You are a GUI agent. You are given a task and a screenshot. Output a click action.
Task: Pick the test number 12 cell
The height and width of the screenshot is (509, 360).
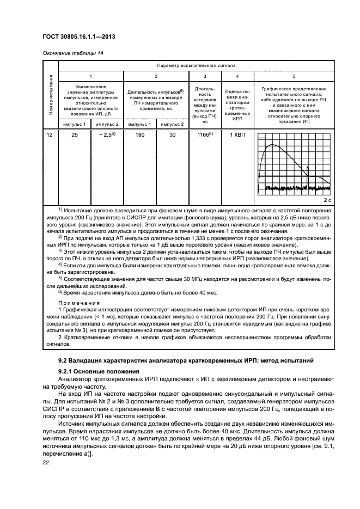(51, 134)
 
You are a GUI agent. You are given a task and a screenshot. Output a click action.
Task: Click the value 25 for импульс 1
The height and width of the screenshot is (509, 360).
(75, 134)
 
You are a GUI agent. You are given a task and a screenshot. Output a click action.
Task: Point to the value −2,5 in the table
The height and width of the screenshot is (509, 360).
(108, 134)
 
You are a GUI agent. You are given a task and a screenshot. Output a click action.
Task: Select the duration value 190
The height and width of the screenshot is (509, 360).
(141, 134)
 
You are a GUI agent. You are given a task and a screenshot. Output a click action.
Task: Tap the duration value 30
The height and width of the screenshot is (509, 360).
(173, 134)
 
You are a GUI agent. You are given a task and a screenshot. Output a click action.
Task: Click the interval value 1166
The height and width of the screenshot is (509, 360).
(204, 134)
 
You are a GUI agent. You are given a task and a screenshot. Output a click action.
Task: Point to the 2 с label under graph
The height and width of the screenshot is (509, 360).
(327, 200)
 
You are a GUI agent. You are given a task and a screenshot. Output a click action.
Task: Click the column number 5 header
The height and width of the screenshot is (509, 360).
(294, 76)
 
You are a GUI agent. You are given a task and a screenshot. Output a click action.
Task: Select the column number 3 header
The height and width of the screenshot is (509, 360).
(204, 76)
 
